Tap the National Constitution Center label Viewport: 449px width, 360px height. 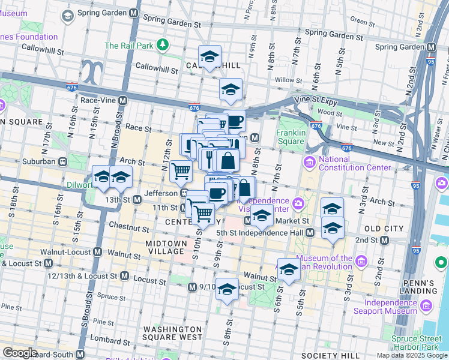354,163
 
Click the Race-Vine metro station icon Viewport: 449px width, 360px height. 123,100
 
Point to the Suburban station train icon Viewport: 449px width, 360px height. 62,161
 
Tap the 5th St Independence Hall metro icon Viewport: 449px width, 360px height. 310,232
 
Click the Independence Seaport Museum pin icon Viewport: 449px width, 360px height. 426,305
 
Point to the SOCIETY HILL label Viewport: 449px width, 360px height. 329,356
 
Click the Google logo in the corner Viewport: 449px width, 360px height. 19,353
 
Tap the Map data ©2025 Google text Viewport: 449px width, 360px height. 412,355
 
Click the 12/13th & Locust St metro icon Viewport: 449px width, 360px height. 124,275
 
